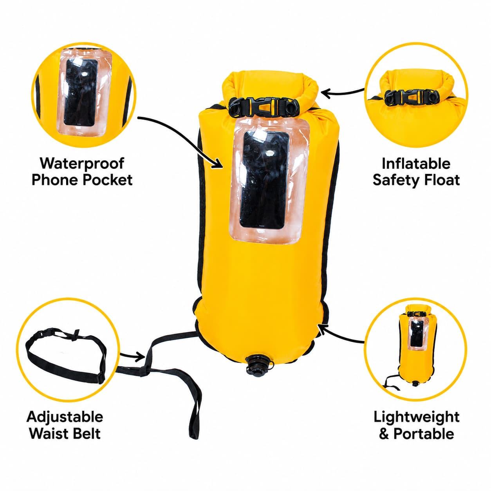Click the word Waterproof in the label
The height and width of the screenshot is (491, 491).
(82, 163)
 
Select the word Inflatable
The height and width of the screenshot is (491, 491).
(416, 163)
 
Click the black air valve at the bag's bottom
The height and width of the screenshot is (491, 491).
(259, 365)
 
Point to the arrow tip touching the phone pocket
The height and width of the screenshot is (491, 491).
(221, 167)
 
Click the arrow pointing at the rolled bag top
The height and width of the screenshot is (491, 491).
(342, 92)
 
